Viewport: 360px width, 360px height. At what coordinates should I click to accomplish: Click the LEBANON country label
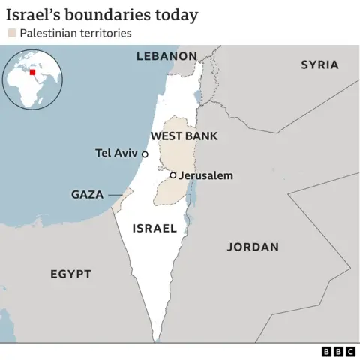click(x=166, y=56)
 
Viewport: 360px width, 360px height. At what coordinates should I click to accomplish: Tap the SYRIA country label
click(x=319, y=64)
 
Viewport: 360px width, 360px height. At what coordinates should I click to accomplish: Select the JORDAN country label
click(x=253, y=247)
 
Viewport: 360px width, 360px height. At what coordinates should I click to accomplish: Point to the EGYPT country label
click(x=70, y=274)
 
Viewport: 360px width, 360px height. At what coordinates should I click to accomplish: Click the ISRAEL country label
click(x=154, y=228)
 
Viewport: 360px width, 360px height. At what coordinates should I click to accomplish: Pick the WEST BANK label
click(x=184, y=136)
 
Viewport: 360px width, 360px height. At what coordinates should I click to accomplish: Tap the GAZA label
click(x=87, y=194)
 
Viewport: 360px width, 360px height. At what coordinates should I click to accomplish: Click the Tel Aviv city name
click(x=117, y=154)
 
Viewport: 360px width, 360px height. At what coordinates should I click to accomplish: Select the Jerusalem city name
click(x=206, y=175)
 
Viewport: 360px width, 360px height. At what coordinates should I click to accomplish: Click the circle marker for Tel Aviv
click(x=145, y=154)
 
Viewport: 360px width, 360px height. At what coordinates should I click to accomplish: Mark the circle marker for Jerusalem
click(x=173, y=175)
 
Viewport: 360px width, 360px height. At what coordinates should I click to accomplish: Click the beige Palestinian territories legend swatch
click(x=11, y=33)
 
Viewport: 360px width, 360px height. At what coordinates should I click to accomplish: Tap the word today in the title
click(x=178, y=14)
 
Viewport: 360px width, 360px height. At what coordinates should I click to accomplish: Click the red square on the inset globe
click(x=32, y=73)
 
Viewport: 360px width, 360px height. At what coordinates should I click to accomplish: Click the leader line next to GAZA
click(x=115, y=194)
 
